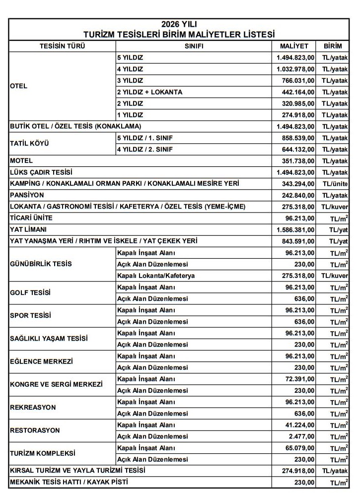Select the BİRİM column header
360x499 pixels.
333,46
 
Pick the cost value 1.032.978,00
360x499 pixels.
295,69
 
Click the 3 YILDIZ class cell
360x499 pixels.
130,80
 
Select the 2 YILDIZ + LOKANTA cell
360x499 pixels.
149,92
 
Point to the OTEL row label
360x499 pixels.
19,86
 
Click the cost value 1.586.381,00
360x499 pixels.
295,230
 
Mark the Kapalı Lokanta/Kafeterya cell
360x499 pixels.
156,276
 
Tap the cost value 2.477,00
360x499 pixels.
303,436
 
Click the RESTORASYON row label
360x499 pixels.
35,430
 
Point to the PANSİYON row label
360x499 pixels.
27,195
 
